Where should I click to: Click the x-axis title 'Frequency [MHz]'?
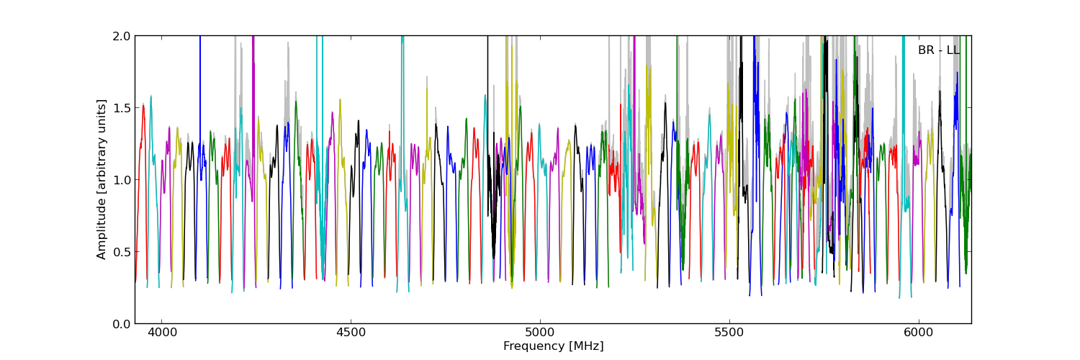pos(553,346)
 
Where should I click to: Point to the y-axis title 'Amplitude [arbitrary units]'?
pos(102,179)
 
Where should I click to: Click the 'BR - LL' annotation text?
pos(938,50)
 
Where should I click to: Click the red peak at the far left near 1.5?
pos(143,106)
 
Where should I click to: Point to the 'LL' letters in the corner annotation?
pos(953,50)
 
